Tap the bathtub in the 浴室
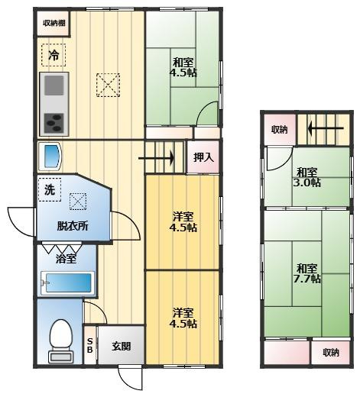coord(67,283)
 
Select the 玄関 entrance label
coord(122,346)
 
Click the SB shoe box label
coord(89,346)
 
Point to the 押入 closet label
coord(203,157)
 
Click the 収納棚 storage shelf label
coord(54,23)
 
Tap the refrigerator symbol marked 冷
coord(54,55)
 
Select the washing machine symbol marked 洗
coord(50,189)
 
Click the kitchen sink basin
coord(54,86)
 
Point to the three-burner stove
coord(54,123)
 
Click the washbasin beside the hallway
coord(50,157)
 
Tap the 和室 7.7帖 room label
coord(307,273)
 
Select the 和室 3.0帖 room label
coord(307,177)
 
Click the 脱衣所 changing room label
coord(73,225)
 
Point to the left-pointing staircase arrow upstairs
coord(326,128)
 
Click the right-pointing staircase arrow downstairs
coord(156,159)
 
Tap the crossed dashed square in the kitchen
coord(108,85)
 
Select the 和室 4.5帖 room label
coord(183,67)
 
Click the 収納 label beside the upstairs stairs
coord(280,130)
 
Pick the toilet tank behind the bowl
coord(61,357)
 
